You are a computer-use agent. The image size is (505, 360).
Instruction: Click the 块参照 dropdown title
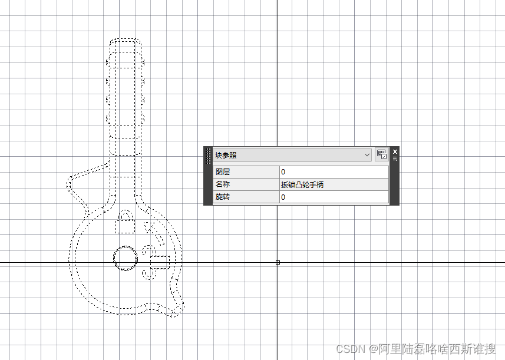[x=226, y=155]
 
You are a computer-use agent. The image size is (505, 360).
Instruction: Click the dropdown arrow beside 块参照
[x=367, y=155]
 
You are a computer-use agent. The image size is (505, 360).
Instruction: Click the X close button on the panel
[x=395, y=151]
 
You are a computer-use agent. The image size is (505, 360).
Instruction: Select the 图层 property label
[x=223, y=172]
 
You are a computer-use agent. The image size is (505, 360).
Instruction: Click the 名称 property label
[x=223, y=184]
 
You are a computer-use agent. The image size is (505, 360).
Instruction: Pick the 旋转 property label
[x=223, y=197]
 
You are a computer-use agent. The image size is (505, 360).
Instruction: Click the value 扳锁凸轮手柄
[x=302, y=185]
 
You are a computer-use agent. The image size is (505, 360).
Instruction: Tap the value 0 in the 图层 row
[x=283, y=172]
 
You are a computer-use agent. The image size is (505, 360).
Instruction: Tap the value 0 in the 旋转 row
[x=283, y=197]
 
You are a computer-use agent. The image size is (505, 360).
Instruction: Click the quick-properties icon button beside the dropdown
[x=382, y=154]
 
